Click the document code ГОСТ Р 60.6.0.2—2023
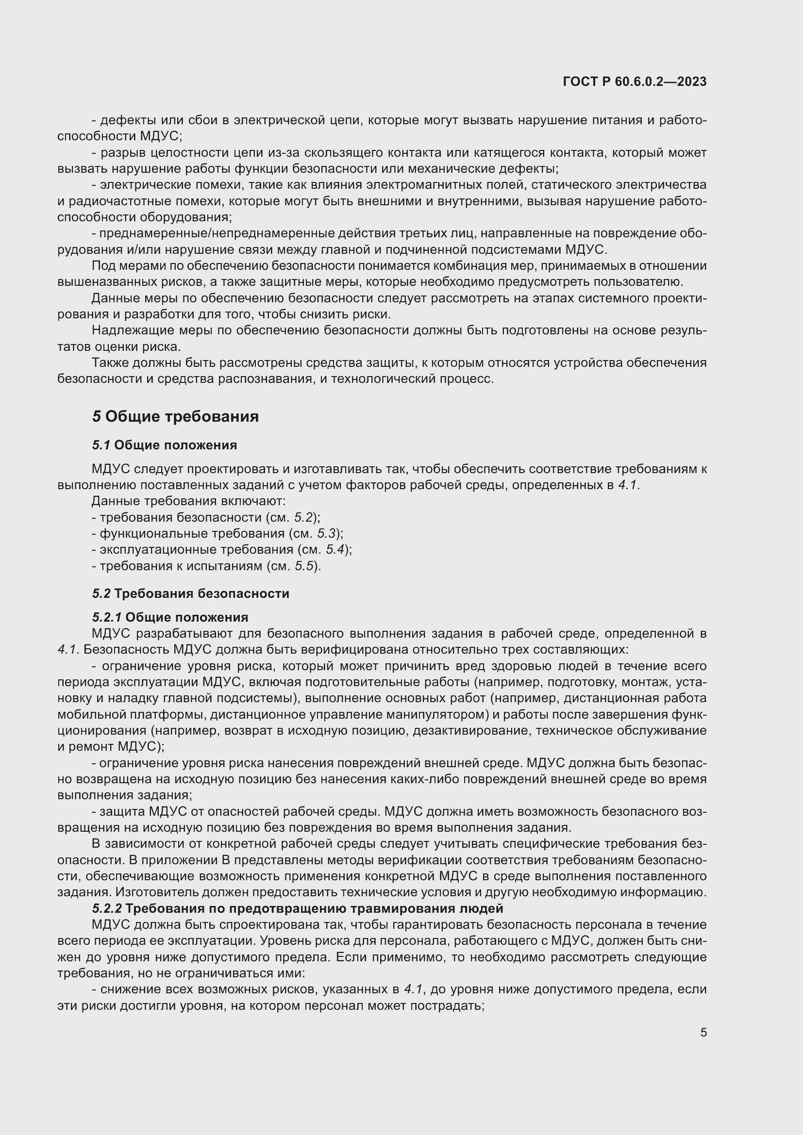click(x=635, y=82)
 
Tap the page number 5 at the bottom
click(x=703, y=1033)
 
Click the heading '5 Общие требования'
click(x=175, y=417)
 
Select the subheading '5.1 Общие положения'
click(x=164, y=445)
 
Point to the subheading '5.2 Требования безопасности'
click(x=190, y=593)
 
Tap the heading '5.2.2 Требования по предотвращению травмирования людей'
click(x=297, y=908)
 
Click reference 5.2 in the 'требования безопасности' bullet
click(x=304, y=518)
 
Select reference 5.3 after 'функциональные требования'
click(x=326, y=534)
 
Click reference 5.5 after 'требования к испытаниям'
click(x=304, y=566)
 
